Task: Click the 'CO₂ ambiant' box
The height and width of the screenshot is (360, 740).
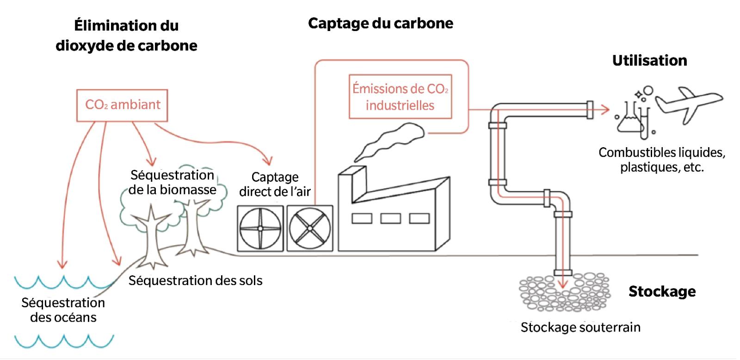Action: click(x=122, y=105)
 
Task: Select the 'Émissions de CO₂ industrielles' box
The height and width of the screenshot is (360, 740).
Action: click(x=400, y=97)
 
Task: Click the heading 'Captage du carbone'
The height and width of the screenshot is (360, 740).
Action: click(x=380, y=23)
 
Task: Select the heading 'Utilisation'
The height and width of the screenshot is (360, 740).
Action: click(x=649, y=61)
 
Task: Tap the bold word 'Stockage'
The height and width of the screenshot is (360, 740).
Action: click(x=662, y=292)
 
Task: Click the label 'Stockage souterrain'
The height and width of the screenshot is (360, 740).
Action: click(x=580, y=327)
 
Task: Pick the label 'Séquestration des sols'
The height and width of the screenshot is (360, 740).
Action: click(x=195, y=280)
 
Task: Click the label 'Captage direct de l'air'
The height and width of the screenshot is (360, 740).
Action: click(x=275, y=184)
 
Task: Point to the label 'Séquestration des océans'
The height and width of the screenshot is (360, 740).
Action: click(x=63, y=310)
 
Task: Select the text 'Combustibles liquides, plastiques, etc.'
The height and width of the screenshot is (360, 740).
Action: click(x=662, y=160)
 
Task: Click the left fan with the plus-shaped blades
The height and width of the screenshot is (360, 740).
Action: click(x=260, y=229)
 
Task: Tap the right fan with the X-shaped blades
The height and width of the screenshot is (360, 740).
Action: click(x=310, y=229)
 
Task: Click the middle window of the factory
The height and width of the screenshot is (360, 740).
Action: click(x=391, y=218)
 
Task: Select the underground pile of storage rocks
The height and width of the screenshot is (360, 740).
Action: click(x=564, y=292)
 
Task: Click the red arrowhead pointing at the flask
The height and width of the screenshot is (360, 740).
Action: click(x=605, y=110)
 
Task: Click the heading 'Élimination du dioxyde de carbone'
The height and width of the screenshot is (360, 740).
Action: click(x=126, y=35)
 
